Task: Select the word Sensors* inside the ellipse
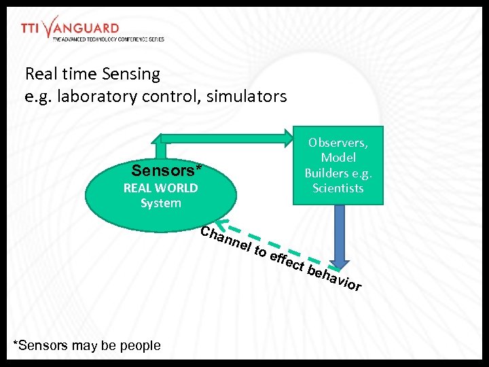pyautogui.click(x=167, y=170)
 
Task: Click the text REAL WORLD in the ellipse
pyautogui.click(x=160, y=188)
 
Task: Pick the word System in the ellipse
pyautogui.click(x=161, y=203)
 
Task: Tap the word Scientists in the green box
pyautogui.click(x=338, y=188)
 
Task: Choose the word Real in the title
pyautogui.click(x=40, y=73)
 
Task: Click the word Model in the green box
pyautogui.click(x=338, y=158)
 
